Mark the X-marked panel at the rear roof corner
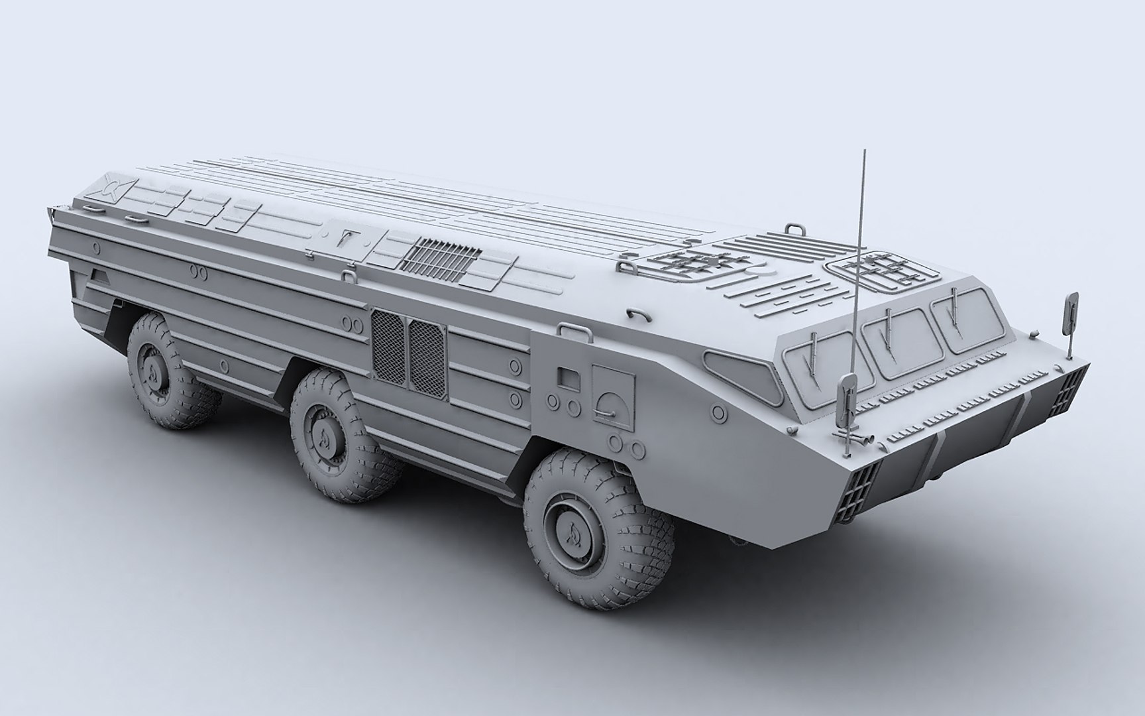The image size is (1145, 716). coord(113,188)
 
